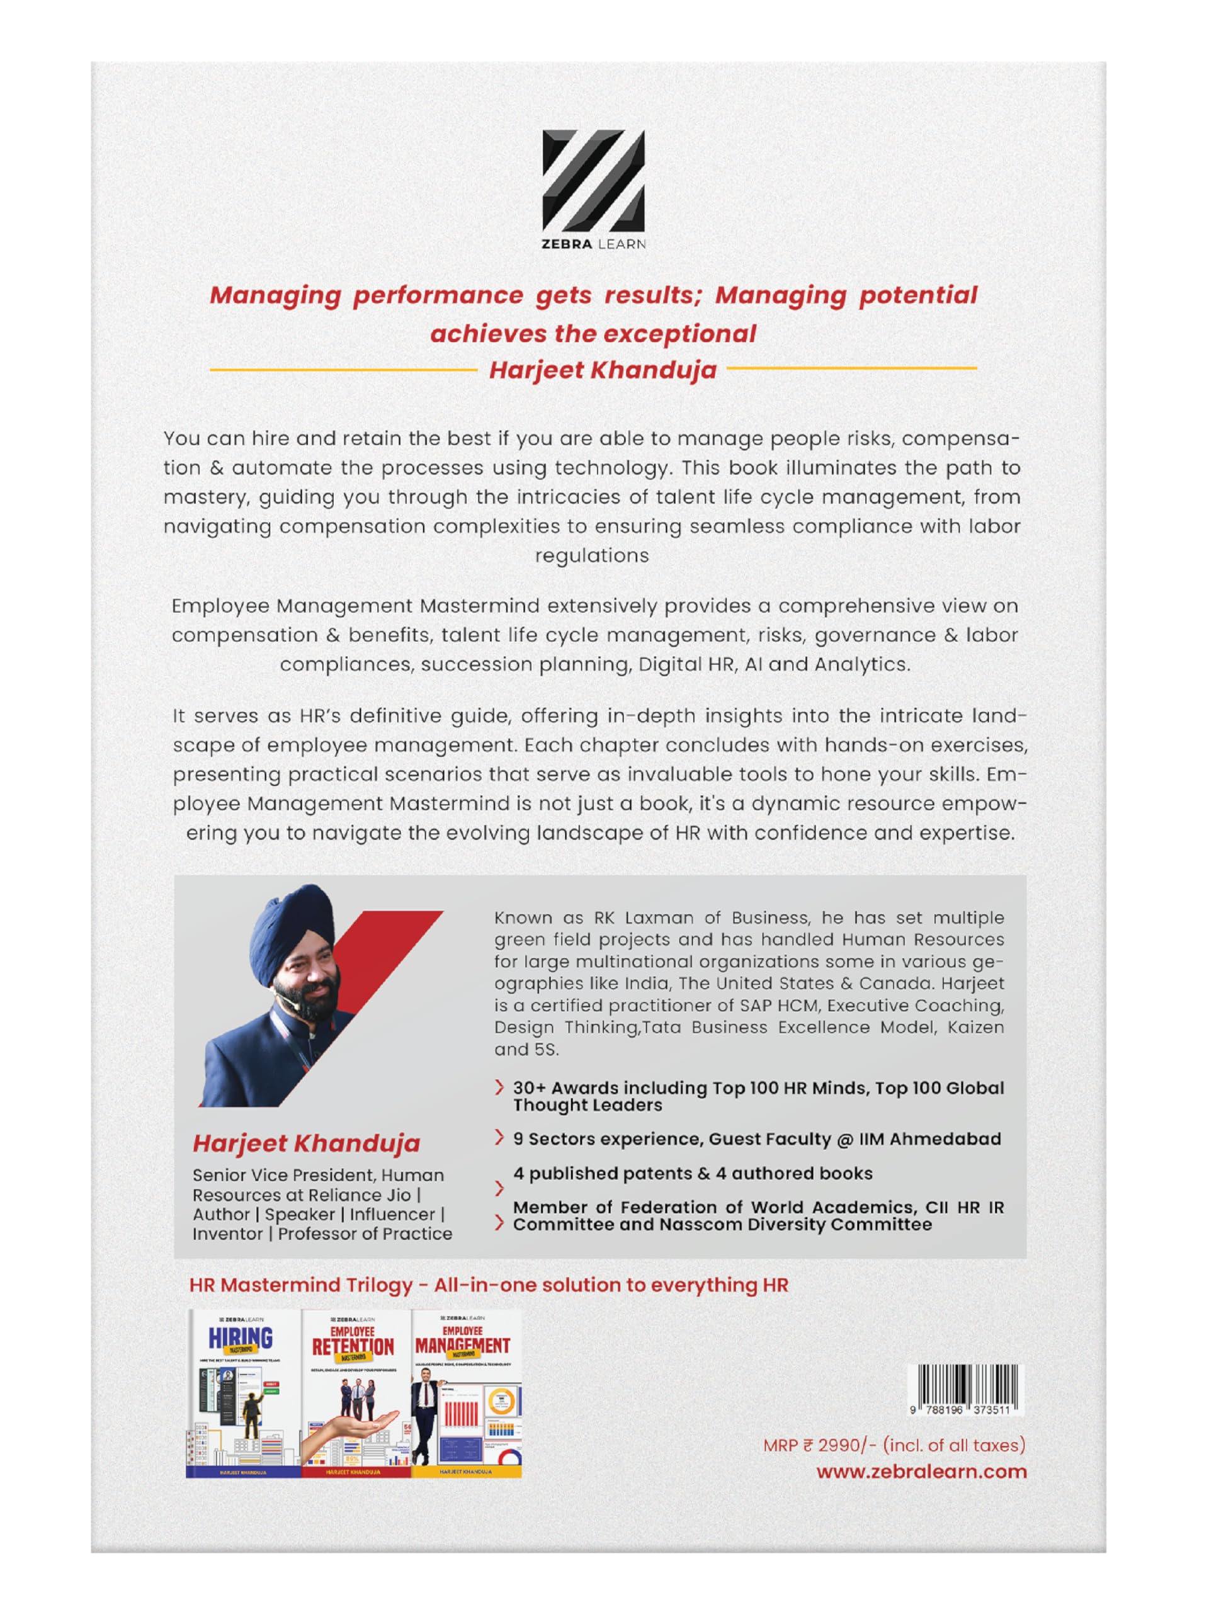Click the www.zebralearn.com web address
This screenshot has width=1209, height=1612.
point(921,1472)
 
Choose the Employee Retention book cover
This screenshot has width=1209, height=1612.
point(356,1393)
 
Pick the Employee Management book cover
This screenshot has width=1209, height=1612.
point(467,1393)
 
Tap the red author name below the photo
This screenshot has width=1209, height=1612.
point(306,1144)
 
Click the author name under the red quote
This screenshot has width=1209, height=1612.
point(603,370)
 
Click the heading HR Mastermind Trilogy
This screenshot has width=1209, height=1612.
point(300,1285)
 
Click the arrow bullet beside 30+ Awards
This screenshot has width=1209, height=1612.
point(499,1088)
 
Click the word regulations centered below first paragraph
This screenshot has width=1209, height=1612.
point(592,556)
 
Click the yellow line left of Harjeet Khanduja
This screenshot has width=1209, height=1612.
point(343,370)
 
